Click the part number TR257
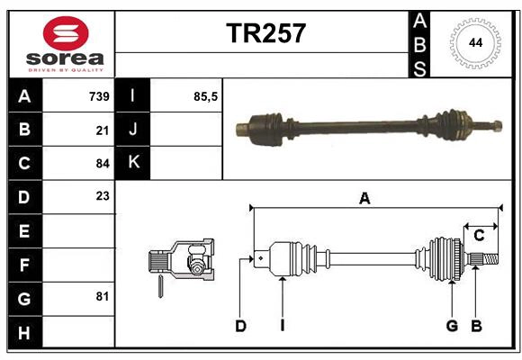(265, 33)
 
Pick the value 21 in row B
(103, 130)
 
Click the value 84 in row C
(103, 163)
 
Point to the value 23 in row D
(103, 196)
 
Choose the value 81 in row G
(103, 296)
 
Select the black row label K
(133, 163)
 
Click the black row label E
(24, 230)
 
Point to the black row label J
(133, 130)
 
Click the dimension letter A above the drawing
(364, 199)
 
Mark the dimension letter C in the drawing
(479, 236)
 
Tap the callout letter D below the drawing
(240, 326)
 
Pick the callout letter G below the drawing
(452, 326)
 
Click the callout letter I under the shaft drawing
(282, 326)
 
